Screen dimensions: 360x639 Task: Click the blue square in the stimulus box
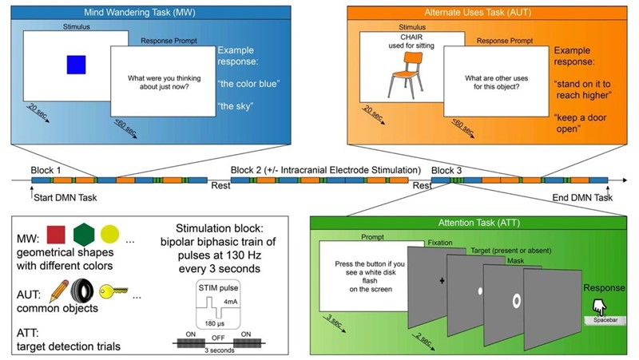pyautogui.click(x=76, y=64)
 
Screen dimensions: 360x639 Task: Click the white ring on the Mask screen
pyautogui.click(x=516, y=300)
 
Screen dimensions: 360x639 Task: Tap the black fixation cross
pyautogui.click(x=440, y=282)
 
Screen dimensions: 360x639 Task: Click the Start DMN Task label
pyautogui.click(x=65, y=198)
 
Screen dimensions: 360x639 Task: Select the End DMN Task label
pyautogui.click(x=582, y=197)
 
